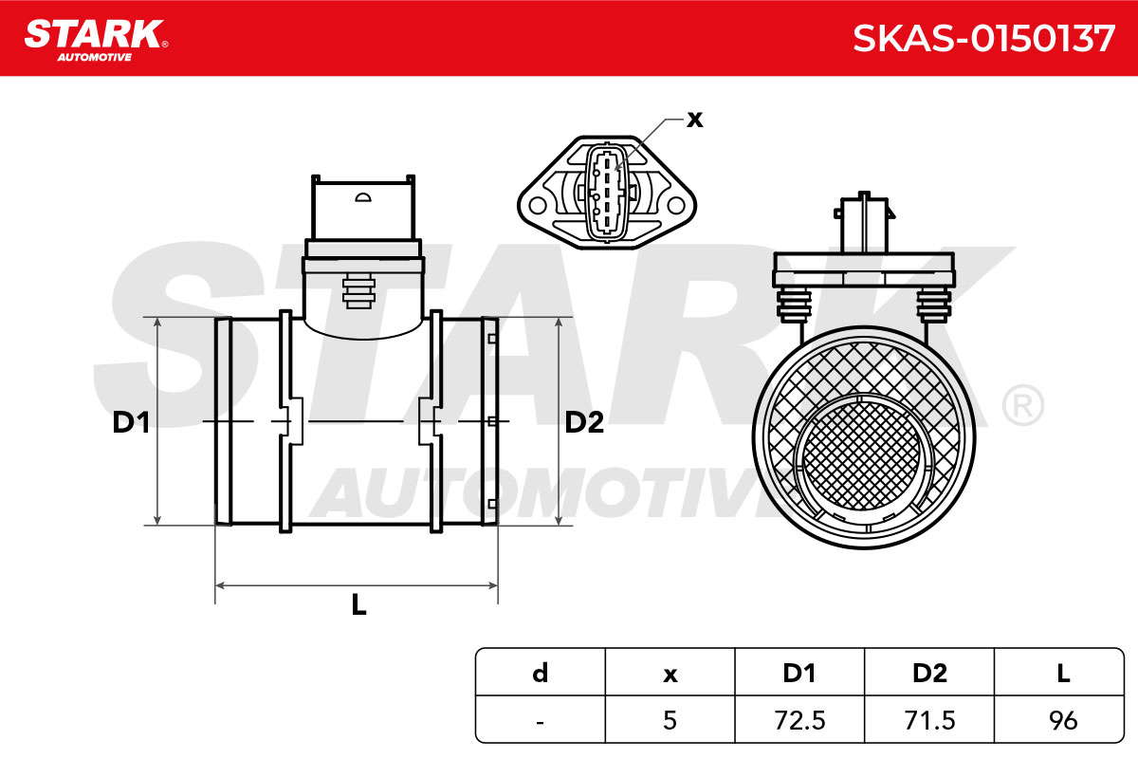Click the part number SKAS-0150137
click(x=983, y=39)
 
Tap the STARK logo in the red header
click(x=96, y=40)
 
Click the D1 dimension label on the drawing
click(x=131, y=422)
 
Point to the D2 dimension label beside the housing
click(x=584, y=422)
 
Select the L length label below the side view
click(x=358, y=605)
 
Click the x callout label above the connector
click(x=695, y=120)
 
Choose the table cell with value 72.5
click(x=799, y=720)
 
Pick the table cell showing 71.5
click(x=929, y=720)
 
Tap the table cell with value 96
click(x=1059, y=720)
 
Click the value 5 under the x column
click(x=670, y=720)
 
